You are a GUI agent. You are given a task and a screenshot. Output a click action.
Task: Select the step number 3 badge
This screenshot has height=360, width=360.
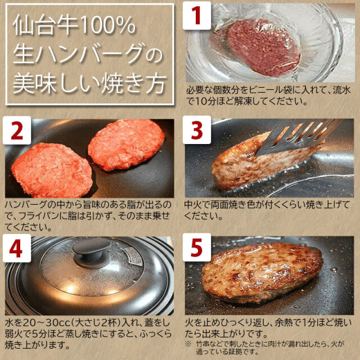click(196, 132)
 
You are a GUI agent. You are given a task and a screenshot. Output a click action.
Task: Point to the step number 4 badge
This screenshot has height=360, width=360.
click(16, 249)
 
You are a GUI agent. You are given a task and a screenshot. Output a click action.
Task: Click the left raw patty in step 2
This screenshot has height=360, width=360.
click(51, 169)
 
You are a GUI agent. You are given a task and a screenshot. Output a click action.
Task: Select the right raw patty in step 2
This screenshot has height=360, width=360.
click(127, 145)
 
